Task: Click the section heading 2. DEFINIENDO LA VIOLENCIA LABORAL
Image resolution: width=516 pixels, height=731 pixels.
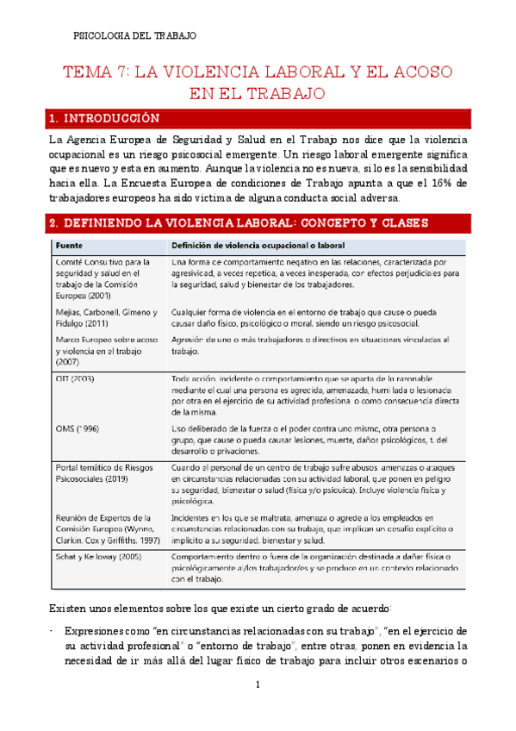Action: click(x=237, y=223)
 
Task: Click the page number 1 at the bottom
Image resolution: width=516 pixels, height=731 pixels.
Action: click(x=258, y=685)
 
